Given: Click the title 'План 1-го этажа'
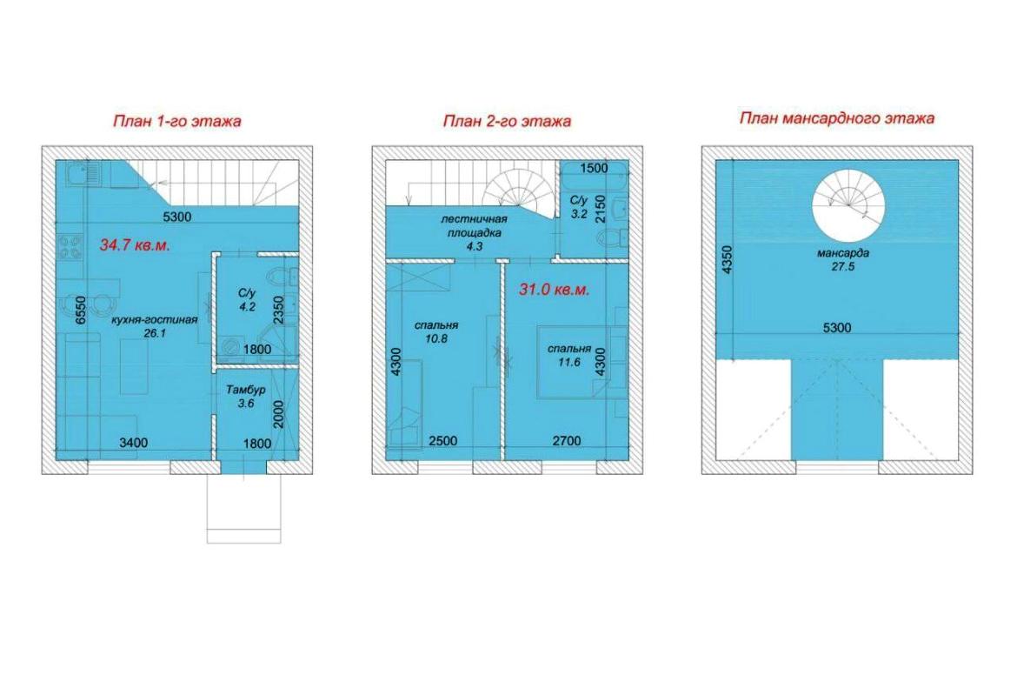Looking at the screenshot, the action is pos(177,121).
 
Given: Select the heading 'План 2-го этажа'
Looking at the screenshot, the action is pos(507,121).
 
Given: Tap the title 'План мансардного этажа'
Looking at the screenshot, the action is pos(837,118).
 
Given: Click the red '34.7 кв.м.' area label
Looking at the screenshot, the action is pos(135,245).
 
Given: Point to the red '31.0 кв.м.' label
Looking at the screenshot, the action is pos(554,290).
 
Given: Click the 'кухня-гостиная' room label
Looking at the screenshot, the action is pos(155,320).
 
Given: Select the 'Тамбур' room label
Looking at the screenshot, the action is pos(246,390).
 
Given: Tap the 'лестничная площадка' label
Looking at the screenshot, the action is pos(474,226).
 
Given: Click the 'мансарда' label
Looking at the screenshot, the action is pos(842,253).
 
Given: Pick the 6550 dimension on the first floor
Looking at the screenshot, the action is pos(80,311).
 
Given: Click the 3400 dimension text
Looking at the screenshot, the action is pos(134,443).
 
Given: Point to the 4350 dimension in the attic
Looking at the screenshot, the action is pos(727,259).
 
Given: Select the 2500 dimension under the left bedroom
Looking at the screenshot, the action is pos(443,441).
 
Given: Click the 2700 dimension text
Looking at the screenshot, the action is pos(566,441).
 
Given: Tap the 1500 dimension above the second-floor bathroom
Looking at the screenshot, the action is pos(594,168).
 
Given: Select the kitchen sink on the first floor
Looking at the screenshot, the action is pos(84,174).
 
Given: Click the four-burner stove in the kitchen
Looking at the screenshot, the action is pos(70,246).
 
